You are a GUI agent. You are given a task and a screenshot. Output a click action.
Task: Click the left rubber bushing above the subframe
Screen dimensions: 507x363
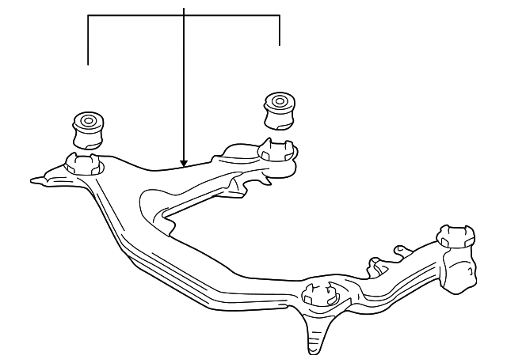tap(87, 130)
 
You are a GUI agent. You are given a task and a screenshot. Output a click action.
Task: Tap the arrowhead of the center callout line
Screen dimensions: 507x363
tap(184, 163)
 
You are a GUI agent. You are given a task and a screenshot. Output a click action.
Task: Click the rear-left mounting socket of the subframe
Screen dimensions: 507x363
tap(85, 164)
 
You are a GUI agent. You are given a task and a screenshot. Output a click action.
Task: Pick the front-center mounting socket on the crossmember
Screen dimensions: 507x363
tap(321, 292)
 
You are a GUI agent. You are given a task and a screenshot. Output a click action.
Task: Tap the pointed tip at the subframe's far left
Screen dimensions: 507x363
tap(35, 180)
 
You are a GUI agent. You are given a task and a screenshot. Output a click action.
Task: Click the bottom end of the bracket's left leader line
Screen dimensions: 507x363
tap(88, 64)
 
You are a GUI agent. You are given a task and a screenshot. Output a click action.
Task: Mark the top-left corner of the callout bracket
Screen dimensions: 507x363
tap(88, 15)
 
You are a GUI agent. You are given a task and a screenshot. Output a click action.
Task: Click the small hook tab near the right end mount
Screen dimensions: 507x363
tap(398, 251)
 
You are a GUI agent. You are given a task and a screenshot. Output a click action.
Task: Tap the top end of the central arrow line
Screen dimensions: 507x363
tap(184, 8)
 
